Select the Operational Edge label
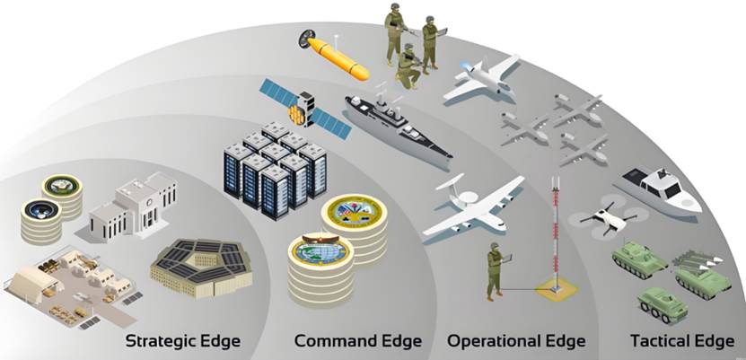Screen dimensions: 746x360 (x=516, y=341)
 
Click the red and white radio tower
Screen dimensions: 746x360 (x=554, y=233)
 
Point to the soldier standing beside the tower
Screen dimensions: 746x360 (x=495, y=270)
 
